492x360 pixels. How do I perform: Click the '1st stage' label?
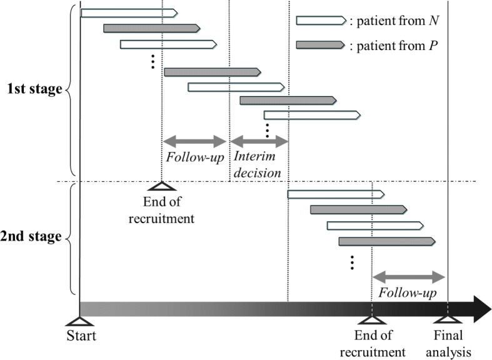pos(35,88)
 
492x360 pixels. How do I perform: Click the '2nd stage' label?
pos(35,236)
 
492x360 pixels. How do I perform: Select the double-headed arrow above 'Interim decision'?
pos(259,141)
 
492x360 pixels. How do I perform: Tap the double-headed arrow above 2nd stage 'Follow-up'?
pos(408,276)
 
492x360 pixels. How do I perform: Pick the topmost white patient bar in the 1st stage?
pos(129,12)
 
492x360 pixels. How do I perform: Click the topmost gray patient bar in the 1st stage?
pos(152,28)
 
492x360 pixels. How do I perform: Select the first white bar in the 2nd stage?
pos(336,194)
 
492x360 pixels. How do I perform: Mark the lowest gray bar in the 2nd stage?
pos(385,241)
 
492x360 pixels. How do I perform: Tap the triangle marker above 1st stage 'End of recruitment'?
pos(162,186)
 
